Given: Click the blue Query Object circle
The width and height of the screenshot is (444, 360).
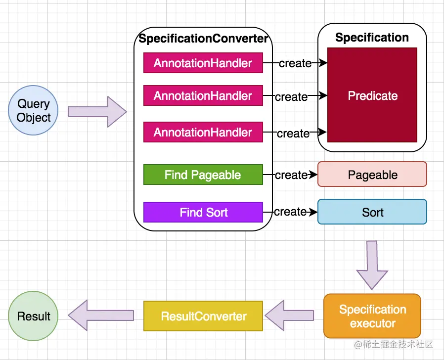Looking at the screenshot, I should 34,111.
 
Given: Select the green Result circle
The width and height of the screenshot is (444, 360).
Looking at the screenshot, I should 34,316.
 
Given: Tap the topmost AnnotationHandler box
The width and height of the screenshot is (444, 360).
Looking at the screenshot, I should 203,63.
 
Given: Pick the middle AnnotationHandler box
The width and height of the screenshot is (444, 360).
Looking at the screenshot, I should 203,96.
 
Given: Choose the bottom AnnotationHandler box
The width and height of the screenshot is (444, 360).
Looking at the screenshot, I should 203,133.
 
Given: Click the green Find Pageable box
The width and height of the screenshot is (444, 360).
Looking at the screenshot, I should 203,175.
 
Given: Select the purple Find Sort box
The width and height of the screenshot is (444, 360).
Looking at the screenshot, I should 203,213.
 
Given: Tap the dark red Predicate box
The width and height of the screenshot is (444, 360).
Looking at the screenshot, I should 372,95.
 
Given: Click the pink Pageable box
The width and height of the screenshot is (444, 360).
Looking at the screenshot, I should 372,175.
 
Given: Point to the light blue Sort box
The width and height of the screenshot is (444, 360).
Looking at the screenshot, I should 372,212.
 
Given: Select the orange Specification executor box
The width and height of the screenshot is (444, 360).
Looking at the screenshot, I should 372,316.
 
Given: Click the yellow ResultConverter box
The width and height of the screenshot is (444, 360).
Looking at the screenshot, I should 203,316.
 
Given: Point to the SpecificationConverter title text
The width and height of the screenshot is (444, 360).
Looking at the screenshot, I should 203,39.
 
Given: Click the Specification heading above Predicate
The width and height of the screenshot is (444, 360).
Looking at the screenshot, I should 372,38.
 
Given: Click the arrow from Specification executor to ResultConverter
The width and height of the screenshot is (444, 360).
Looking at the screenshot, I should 290,315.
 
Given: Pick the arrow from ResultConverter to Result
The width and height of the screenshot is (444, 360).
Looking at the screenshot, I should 101,315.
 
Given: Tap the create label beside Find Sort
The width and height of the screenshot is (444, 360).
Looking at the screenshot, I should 290,212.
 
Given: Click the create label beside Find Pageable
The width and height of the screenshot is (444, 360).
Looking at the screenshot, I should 291,175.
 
